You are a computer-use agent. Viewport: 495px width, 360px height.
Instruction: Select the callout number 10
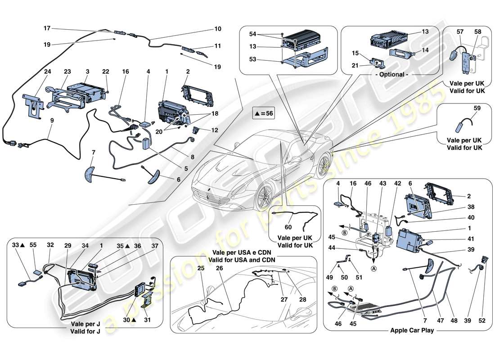pos(218,29)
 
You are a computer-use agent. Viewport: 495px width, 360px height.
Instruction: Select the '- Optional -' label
pos(392,74)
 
